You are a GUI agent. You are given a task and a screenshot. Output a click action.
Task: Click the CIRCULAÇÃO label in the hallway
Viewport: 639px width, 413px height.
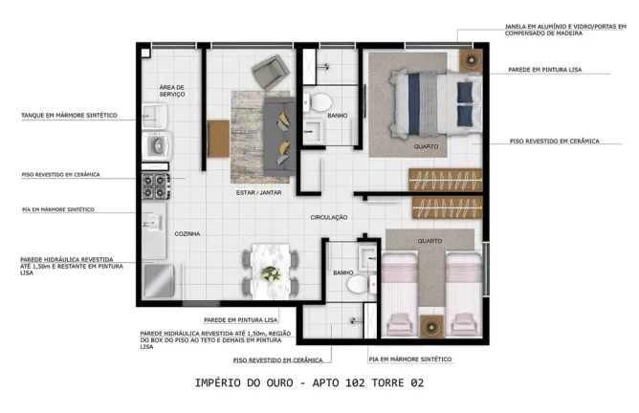[328, 217]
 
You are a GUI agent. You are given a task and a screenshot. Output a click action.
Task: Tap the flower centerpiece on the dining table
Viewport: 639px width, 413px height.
[272, 273]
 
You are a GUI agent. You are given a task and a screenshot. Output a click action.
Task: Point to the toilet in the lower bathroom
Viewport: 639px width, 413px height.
[356, 285]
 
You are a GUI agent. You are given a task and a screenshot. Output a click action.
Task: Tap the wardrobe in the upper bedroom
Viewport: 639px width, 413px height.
[442, 178]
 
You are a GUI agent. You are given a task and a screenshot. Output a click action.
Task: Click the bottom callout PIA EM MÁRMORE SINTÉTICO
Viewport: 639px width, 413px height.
[410, 359]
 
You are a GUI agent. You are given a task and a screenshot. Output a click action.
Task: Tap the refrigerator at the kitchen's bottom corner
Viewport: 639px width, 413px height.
[158, 282]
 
